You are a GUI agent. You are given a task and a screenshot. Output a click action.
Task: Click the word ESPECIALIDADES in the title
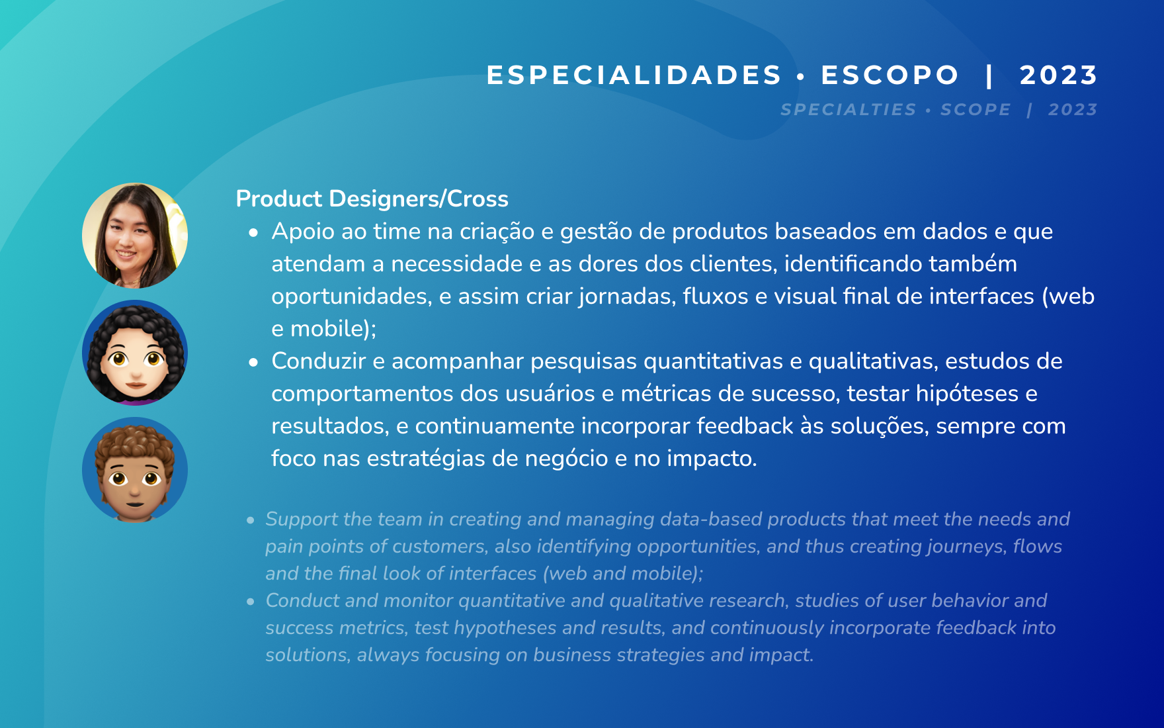point(634,75)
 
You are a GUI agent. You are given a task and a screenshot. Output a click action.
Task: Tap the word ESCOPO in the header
point(890,75)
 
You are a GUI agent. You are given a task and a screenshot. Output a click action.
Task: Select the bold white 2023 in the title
point(1058,75)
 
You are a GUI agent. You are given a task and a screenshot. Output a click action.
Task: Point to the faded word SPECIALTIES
point(849,109)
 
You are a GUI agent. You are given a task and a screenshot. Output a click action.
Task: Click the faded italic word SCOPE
point(976,109)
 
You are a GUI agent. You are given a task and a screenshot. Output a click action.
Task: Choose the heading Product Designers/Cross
point(372,199)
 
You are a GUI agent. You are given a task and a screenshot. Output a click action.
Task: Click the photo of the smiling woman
point(135,236)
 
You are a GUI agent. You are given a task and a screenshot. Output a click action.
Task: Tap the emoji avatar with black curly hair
point(135,353)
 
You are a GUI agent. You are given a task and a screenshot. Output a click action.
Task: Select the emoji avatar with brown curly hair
point(135,470)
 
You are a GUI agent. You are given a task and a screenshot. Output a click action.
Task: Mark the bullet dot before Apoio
point(253,233)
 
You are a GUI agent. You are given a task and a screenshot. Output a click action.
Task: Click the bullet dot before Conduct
point(251,602)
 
